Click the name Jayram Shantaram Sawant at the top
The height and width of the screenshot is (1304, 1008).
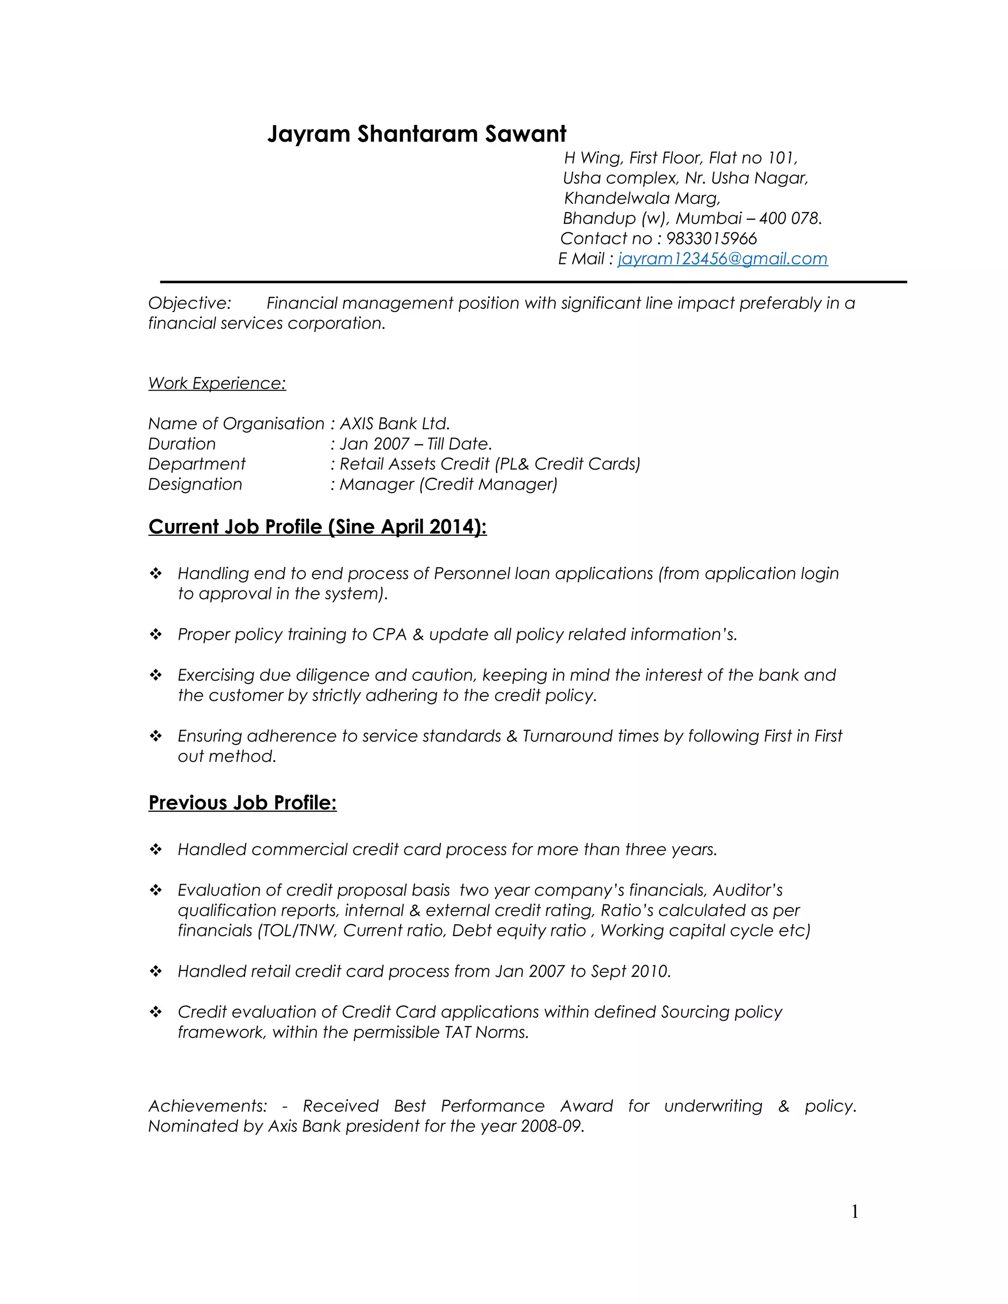click(416, 134)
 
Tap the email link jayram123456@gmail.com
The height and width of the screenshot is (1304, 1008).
click(722, 258)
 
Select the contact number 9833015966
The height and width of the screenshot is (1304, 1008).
click(711, 238)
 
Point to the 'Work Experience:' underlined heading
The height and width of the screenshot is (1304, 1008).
click(217, 383)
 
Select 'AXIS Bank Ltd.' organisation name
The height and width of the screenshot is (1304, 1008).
click(394, 424)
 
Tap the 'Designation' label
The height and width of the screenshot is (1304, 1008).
click(195, 484)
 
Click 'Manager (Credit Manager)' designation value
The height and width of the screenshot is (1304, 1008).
click(448, 484)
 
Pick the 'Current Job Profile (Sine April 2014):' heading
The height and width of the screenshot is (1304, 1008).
click(317, 527)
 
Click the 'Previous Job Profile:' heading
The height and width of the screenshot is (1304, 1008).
click(243, 803)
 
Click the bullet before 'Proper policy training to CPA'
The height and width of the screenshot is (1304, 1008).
click(156, 635)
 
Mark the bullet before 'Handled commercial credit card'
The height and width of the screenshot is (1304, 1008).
click(156, 850)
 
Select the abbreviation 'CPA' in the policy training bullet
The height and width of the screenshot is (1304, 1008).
click(389, 635)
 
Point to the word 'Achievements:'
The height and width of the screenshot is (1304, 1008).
click(207, 1106)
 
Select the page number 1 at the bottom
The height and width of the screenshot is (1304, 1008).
click(854, 1211)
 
